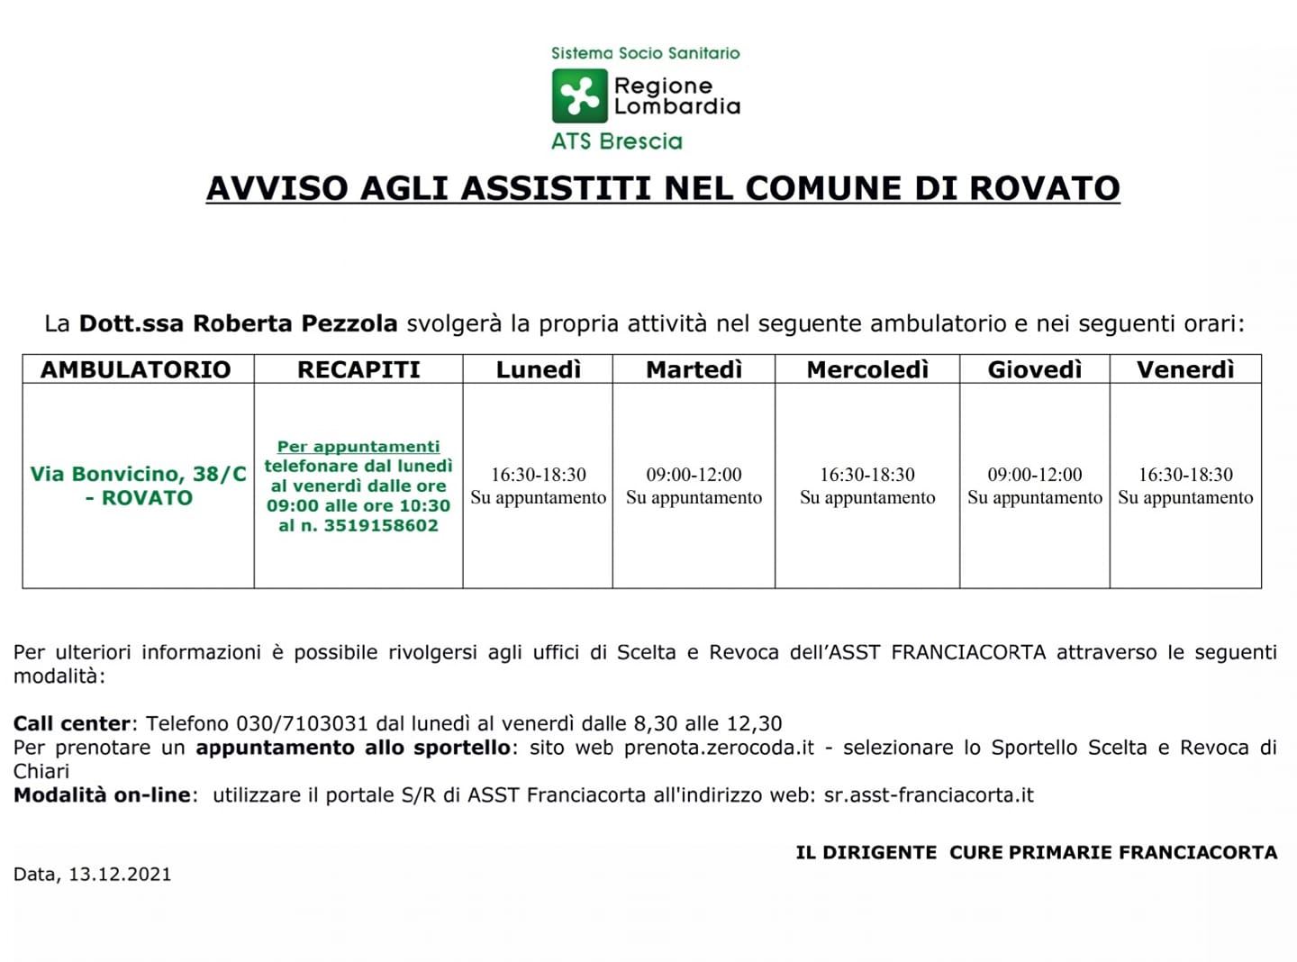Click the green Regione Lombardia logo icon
[579, 95]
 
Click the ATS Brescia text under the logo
[617, 141]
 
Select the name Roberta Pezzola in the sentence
[295, 323]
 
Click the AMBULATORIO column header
[136, 369]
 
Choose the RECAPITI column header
[358, 369]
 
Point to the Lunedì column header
[539, 369]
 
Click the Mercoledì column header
[867, 369]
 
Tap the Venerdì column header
[1185, 369]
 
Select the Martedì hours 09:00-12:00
[694, 475]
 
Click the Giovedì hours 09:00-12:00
[1035, 475]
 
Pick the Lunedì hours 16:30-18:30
[539, 475]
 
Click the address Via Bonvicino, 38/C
[139, 475]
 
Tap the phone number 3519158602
[380, 526]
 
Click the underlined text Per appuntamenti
[358, 447]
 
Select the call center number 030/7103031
[302, 723]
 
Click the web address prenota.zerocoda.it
[719, 748]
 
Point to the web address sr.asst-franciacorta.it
[929, 795]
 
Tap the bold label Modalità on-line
[102, 795]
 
